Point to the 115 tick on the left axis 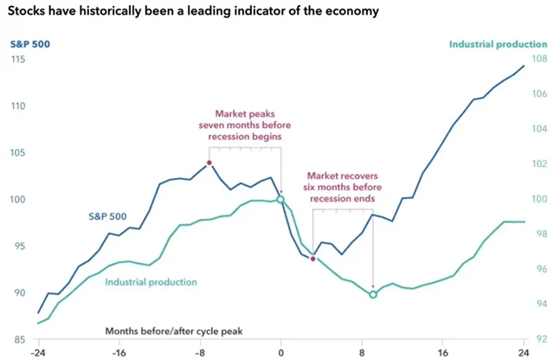[18, 59]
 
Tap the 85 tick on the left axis [18, 338]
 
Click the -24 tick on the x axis [38, 353]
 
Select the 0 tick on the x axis [280, 353]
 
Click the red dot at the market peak [209, 163]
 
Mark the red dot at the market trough [312, 258]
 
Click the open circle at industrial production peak [280, 199]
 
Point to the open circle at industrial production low [373, 294]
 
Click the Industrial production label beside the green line [151, 282]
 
